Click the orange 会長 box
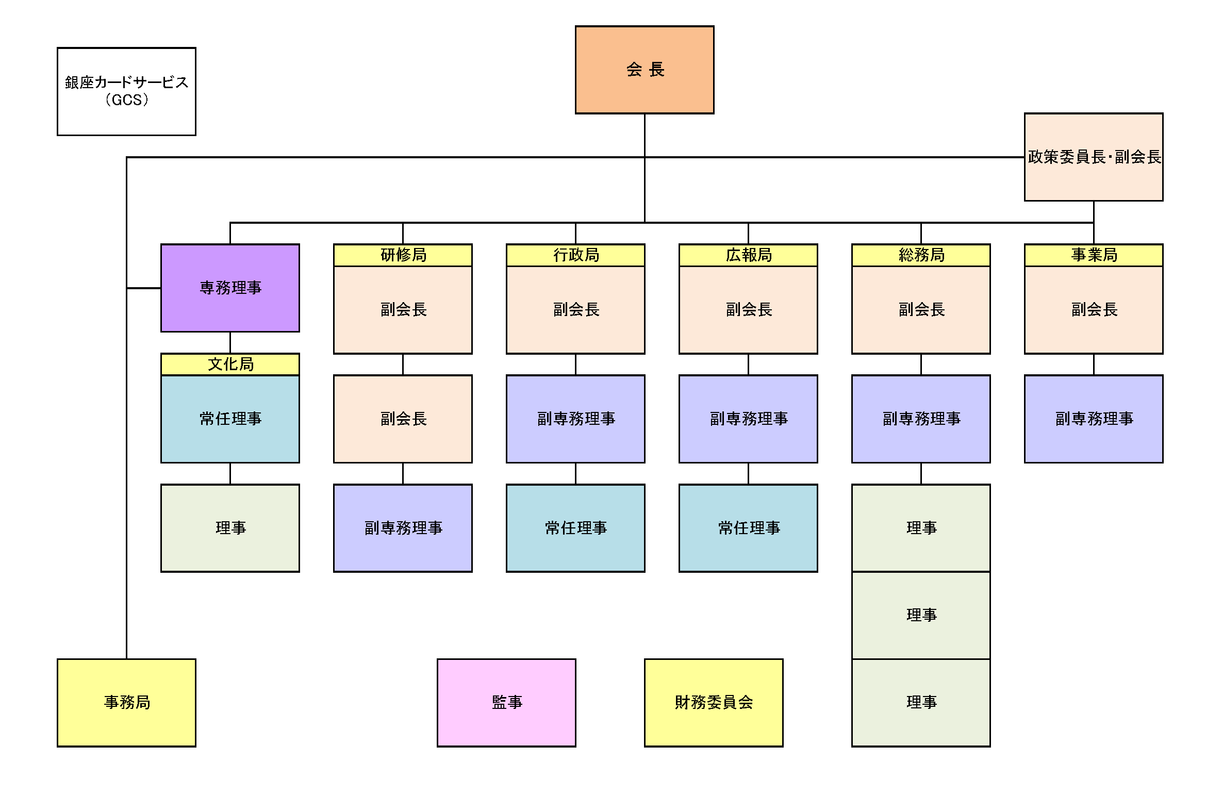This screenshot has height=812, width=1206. point(644,70)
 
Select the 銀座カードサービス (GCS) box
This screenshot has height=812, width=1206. point(126,92)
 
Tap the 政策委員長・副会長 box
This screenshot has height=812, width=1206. point(1093,157)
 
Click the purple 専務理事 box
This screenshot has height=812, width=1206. point(230,288)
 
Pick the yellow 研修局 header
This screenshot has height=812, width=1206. point(403,255)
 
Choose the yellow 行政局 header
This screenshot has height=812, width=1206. point(575,255)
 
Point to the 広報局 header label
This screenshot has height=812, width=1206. point(748,255)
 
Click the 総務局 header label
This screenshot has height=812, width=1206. point(921,255)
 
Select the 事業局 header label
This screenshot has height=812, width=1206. point(1093,255)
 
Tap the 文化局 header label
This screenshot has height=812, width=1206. point(230,364)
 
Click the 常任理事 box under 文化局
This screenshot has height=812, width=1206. point(230,419)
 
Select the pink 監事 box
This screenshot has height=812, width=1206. point(506,702)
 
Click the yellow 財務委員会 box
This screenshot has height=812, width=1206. point(714,702)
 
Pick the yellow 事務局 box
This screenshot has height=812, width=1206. point(126,702)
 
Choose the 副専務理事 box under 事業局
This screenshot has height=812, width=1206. point(1093,419)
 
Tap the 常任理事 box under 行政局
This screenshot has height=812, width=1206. point(575,528)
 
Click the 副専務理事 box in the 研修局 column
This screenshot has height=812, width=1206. point(403,528)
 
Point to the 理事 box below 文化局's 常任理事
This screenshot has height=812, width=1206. point(230,528)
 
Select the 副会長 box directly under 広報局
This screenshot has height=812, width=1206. point(748,310)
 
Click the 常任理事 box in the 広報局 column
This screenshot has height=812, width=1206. point(748,528)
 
